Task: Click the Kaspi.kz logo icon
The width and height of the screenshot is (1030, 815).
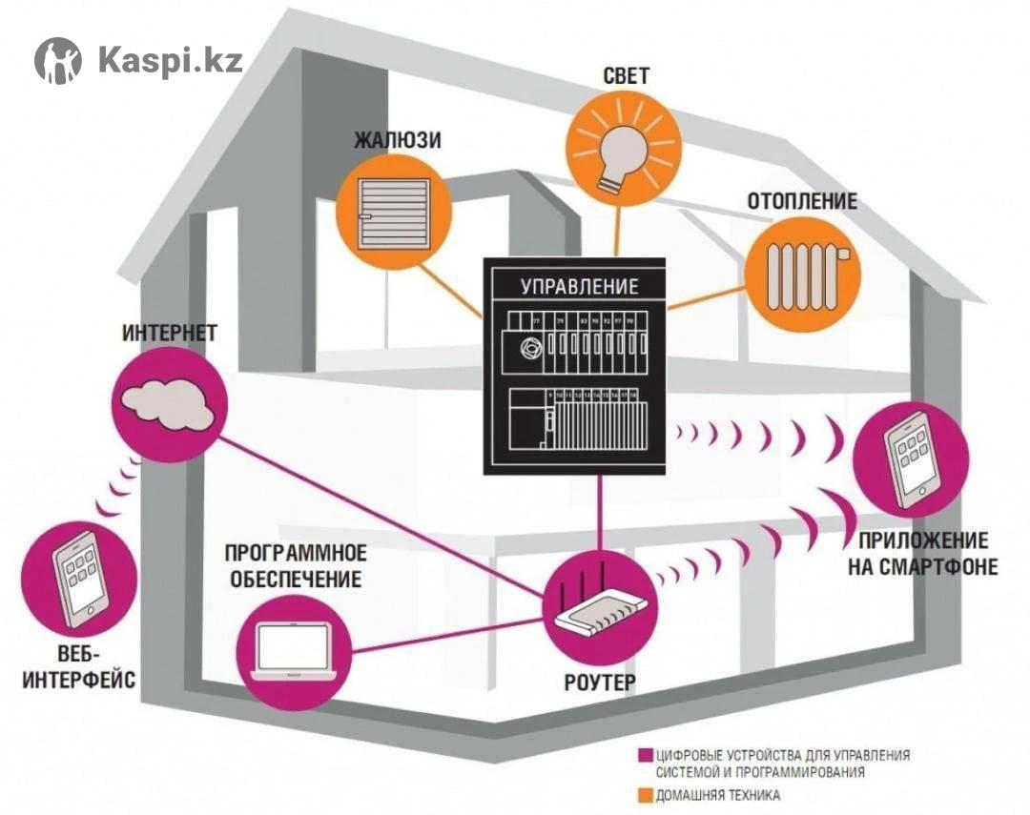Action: [58, 61]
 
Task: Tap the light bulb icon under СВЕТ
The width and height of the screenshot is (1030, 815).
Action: [615, 153]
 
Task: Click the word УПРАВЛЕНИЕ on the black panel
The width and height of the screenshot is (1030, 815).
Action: [579, 286]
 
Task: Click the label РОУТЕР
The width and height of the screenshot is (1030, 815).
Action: [599, 683]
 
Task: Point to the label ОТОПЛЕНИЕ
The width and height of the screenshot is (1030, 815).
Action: [802, 202]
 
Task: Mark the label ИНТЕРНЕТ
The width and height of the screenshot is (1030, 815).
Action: [170, 334]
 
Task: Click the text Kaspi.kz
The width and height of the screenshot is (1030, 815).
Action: [170, 60]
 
